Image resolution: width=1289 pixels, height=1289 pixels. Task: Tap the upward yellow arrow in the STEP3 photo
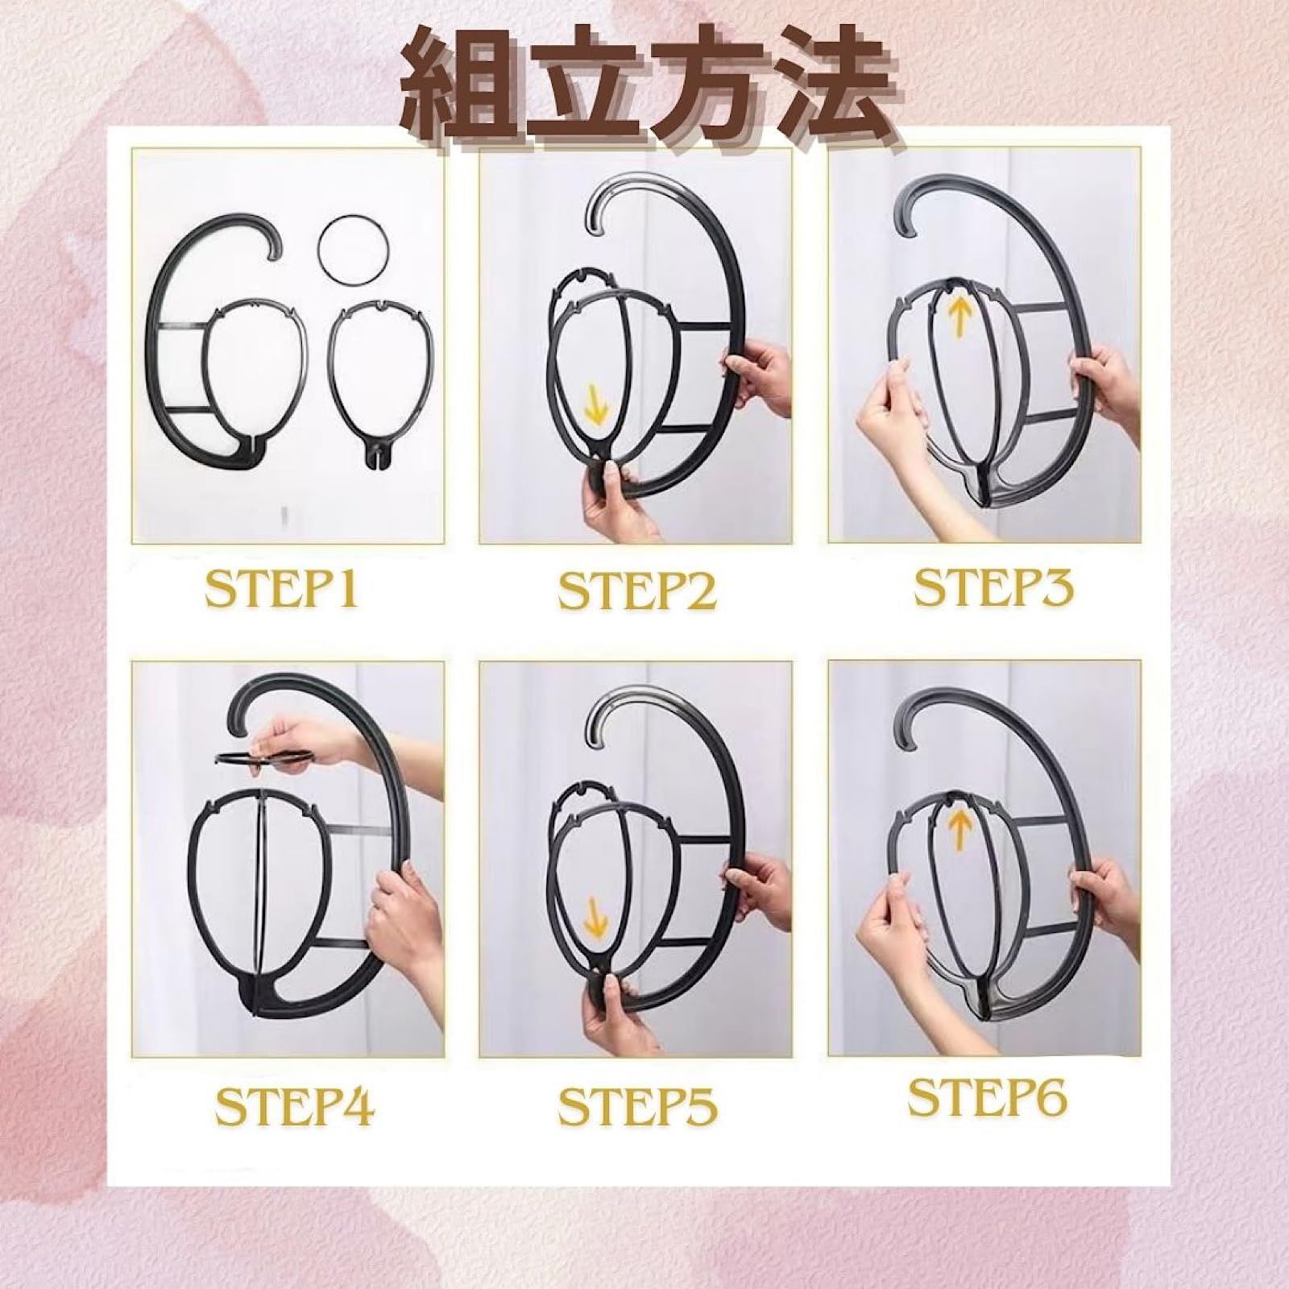coord(960,315)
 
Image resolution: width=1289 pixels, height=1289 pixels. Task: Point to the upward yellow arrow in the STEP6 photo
coord(959,828)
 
